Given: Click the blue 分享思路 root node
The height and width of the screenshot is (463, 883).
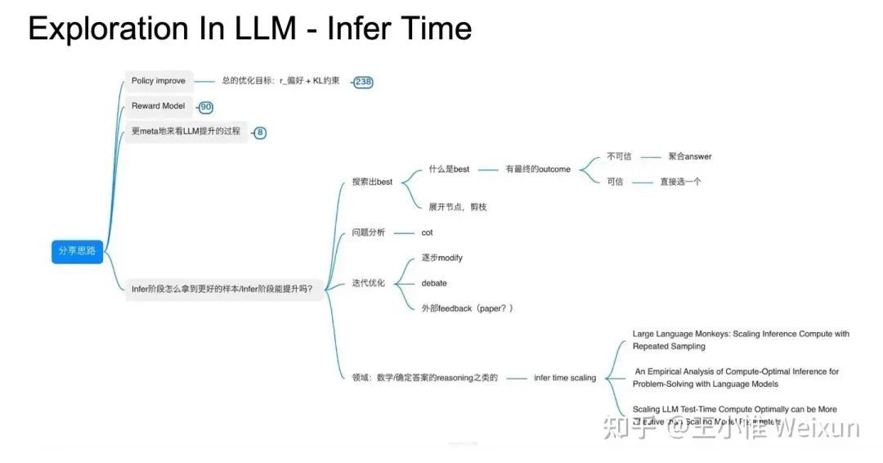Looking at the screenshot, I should (77, 250).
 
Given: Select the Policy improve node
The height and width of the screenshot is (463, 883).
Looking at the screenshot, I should (159, 81).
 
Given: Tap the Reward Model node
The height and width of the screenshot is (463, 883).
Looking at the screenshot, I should (158, 106).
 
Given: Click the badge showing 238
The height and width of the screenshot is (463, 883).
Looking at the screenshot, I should (364, 82).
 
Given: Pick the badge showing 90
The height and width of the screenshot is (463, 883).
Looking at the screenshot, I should (206, 107).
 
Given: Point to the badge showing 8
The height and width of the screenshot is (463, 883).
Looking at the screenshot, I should (260, 133).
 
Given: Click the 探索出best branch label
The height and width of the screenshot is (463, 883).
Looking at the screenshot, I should (372, 182).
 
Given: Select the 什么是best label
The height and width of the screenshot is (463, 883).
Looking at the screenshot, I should (449, 169).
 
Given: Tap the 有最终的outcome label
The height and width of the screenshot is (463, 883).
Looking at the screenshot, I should (537, 169).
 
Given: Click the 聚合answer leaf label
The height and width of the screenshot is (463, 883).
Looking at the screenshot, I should (689, 156).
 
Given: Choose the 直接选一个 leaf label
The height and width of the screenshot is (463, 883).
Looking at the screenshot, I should (680, 182).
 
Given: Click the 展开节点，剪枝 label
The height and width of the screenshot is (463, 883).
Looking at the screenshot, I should (457, 207).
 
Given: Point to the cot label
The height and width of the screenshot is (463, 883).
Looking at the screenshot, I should (427, 232).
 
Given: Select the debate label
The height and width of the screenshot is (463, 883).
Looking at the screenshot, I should (434, 283).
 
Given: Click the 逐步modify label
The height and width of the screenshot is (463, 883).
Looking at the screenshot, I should (441, 258).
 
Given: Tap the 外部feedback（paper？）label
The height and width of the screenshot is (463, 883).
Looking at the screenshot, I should (467, 308).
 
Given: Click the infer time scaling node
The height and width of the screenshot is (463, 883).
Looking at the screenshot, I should (565, 378).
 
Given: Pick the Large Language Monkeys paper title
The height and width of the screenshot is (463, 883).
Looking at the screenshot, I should (740, 340).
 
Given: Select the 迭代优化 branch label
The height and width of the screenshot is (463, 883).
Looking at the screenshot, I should (368, 283).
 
